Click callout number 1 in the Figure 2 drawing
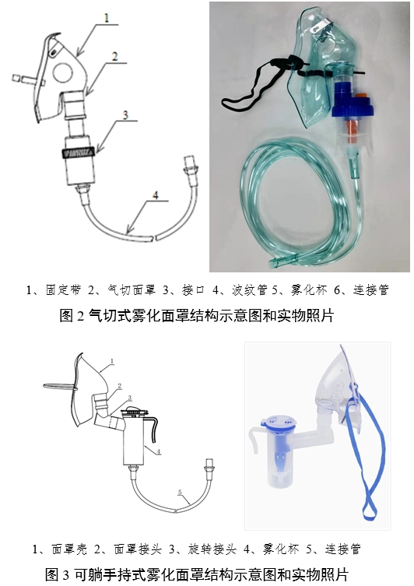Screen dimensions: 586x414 pos(107,16)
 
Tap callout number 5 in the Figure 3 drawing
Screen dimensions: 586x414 pos(181,492)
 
